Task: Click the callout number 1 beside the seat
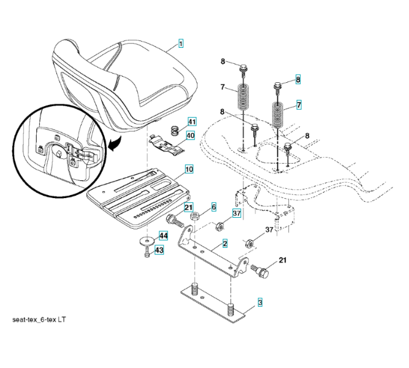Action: [x=181, y=44]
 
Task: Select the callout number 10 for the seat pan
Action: [x=189, y=168]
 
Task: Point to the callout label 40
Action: [x=191, y=136]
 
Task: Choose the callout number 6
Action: [x=214, y=207]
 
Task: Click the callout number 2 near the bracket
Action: [x=225, y=243]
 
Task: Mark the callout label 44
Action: [x=163, y=236]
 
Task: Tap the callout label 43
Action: [x=159, y=250]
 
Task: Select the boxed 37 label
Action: [x=236, y=213]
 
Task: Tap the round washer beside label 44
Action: [x=147, y=240]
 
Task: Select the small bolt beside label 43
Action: [x=147, y=251]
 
